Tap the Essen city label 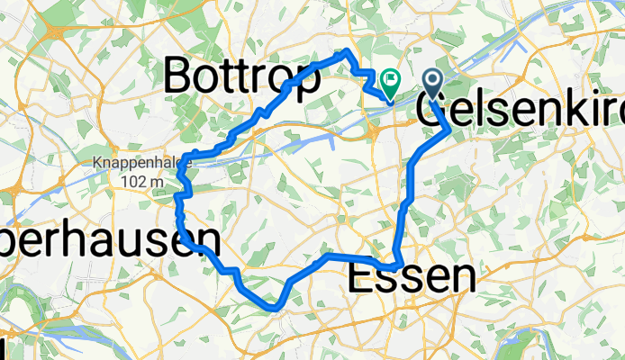(411, 278)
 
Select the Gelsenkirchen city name (521, 109)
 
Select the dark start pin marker (432, 85)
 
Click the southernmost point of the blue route (274, 309)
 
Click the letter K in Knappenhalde (96, 164)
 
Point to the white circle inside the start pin (432, 82)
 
